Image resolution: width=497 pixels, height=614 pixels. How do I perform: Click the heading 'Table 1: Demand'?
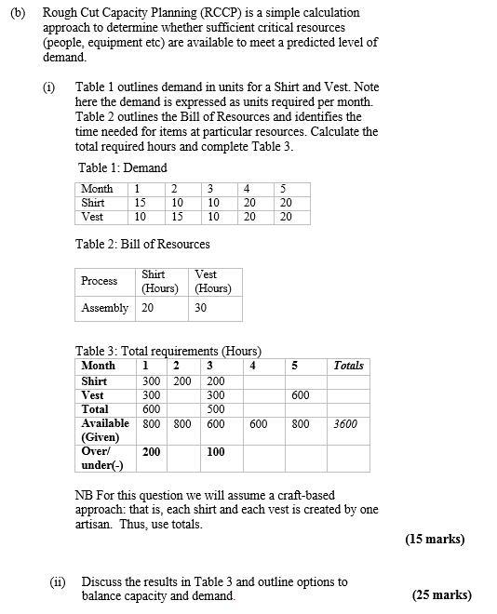coord(123,168)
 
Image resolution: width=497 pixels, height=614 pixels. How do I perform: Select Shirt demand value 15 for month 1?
coord(141,203)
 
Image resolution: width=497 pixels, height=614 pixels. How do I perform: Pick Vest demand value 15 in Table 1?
coord(177,217)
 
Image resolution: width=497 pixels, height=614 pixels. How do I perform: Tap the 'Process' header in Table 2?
coord(100,281)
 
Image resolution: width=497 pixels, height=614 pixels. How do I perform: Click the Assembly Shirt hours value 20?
coord(148,308)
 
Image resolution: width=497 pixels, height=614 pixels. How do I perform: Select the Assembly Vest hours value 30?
coord(201,308)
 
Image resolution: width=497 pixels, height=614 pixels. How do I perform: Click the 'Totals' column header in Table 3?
coord(349,366)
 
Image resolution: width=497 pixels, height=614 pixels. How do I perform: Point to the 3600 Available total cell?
coord(345,424)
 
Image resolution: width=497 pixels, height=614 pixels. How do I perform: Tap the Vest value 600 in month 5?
coord(301,395)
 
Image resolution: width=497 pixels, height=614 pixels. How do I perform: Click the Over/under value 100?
coord(216,452)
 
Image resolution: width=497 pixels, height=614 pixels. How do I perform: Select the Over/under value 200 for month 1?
coord(152,452)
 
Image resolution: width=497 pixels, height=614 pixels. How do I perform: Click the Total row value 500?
coord(216,409)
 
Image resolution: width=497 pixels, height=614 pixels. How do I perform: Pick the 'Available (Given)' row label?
coord(105,430)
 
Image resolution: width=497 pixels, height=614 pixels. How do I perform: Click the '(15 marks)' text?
coord(435,539)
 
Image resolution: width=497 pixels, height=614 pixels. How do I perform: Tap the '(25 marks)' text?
coord(442,595)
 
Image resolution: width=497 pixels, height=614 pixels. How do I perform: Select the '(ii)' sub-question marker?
coord(58,582)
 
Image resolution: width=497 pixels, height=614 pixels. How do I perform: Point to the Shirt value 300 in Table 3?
coord(152,381)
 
